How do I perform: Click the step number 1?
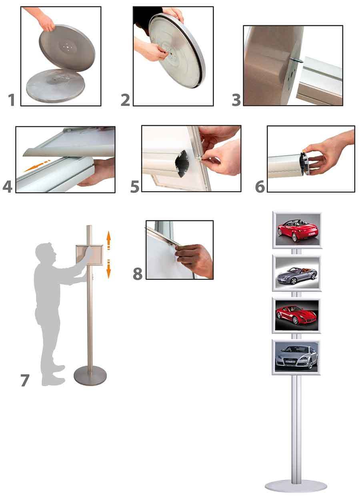tap(12, 100)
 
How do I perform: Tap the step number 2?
tap(126, 100)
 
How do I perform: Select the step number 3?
tap(236, 100)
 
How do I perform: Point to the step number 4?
tap(8, 187)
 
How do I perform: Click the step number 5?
tap(135, 186)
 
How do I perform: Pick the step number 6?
tap(260, 186)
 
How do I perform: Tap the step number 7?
tap(25, 380)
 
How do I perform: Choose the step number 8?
tap(138, 273)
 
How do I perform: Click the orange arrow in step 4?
tap(37, 166)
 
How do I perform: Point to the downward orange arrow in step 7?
tap(108, 269)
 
